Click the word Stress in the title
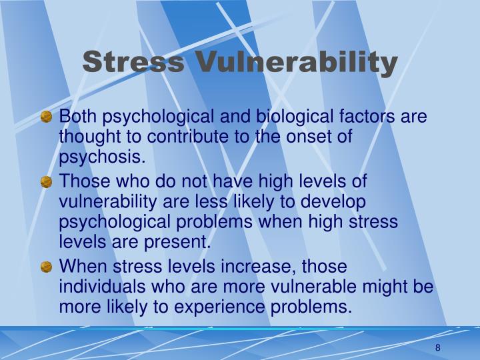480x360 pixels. [133, 63]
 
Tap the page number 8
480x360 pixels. [438, 347]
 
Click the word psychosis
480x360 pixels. [101, 157]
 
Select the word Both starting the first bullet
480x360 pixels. [75, 118]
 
